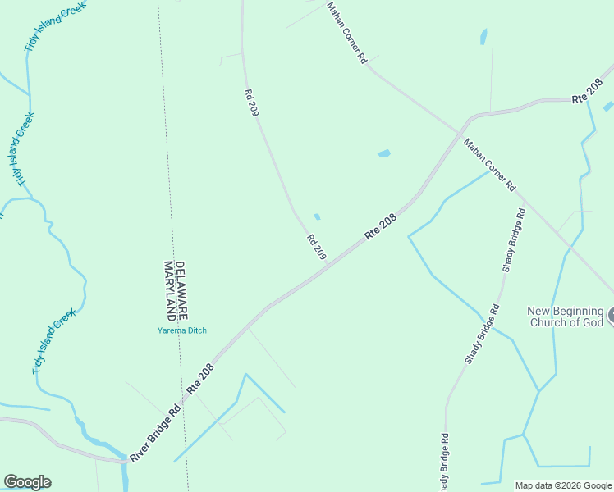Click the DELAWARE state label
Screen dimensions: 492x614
183,290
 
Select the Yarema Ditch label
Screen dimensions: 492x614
182,330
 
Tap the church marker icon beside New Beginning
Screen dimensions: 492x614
611,316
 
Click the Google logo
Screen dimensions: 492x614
27,482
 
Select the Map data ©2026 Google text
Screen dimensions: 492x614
562,485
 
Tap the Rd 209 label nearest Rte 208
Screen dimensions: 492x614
317,248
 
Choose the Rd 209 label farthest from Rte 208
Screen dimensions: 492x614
251,103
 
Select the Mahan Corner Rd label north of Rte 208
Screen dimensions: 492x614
346,33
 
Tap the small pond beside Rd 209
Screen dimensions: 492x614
317,216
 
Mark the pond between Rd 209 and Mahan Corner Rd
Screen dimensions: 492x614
383,153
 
